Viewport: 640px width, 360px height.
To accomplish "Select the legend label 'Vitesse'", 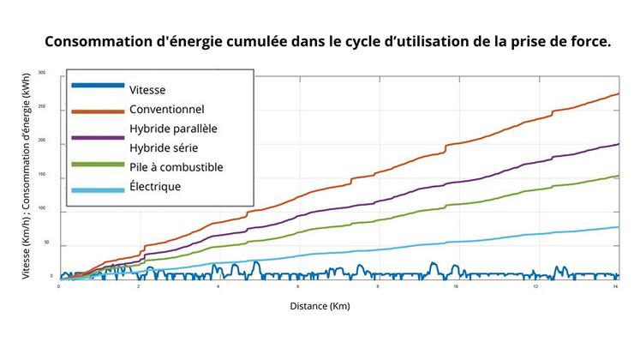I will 147,89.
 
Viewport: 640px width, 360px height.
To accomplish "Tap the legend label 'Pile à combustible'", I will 176,166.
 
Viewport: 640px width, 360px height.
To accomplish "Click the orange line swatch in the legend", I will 98,110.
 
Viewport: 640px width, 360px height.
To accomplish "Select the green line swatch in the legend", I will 98,164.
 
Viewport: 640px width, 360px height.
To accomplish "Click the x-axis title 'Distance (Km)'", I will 320,305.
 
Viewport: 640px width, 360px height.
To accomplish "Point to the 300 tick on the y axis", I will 51,77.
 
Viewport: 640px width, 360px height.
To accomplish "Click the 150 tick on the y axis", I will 51,177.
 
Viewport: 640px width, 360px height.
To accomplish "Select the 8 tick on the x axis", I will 378,286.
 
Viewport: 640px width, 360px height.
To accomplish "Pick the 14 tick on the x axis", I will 616,286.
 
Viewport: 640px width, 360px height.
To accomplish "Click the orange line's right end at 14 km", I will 618,94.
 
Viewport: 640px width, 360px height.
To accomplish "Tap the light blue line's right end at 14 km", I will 618,227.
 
